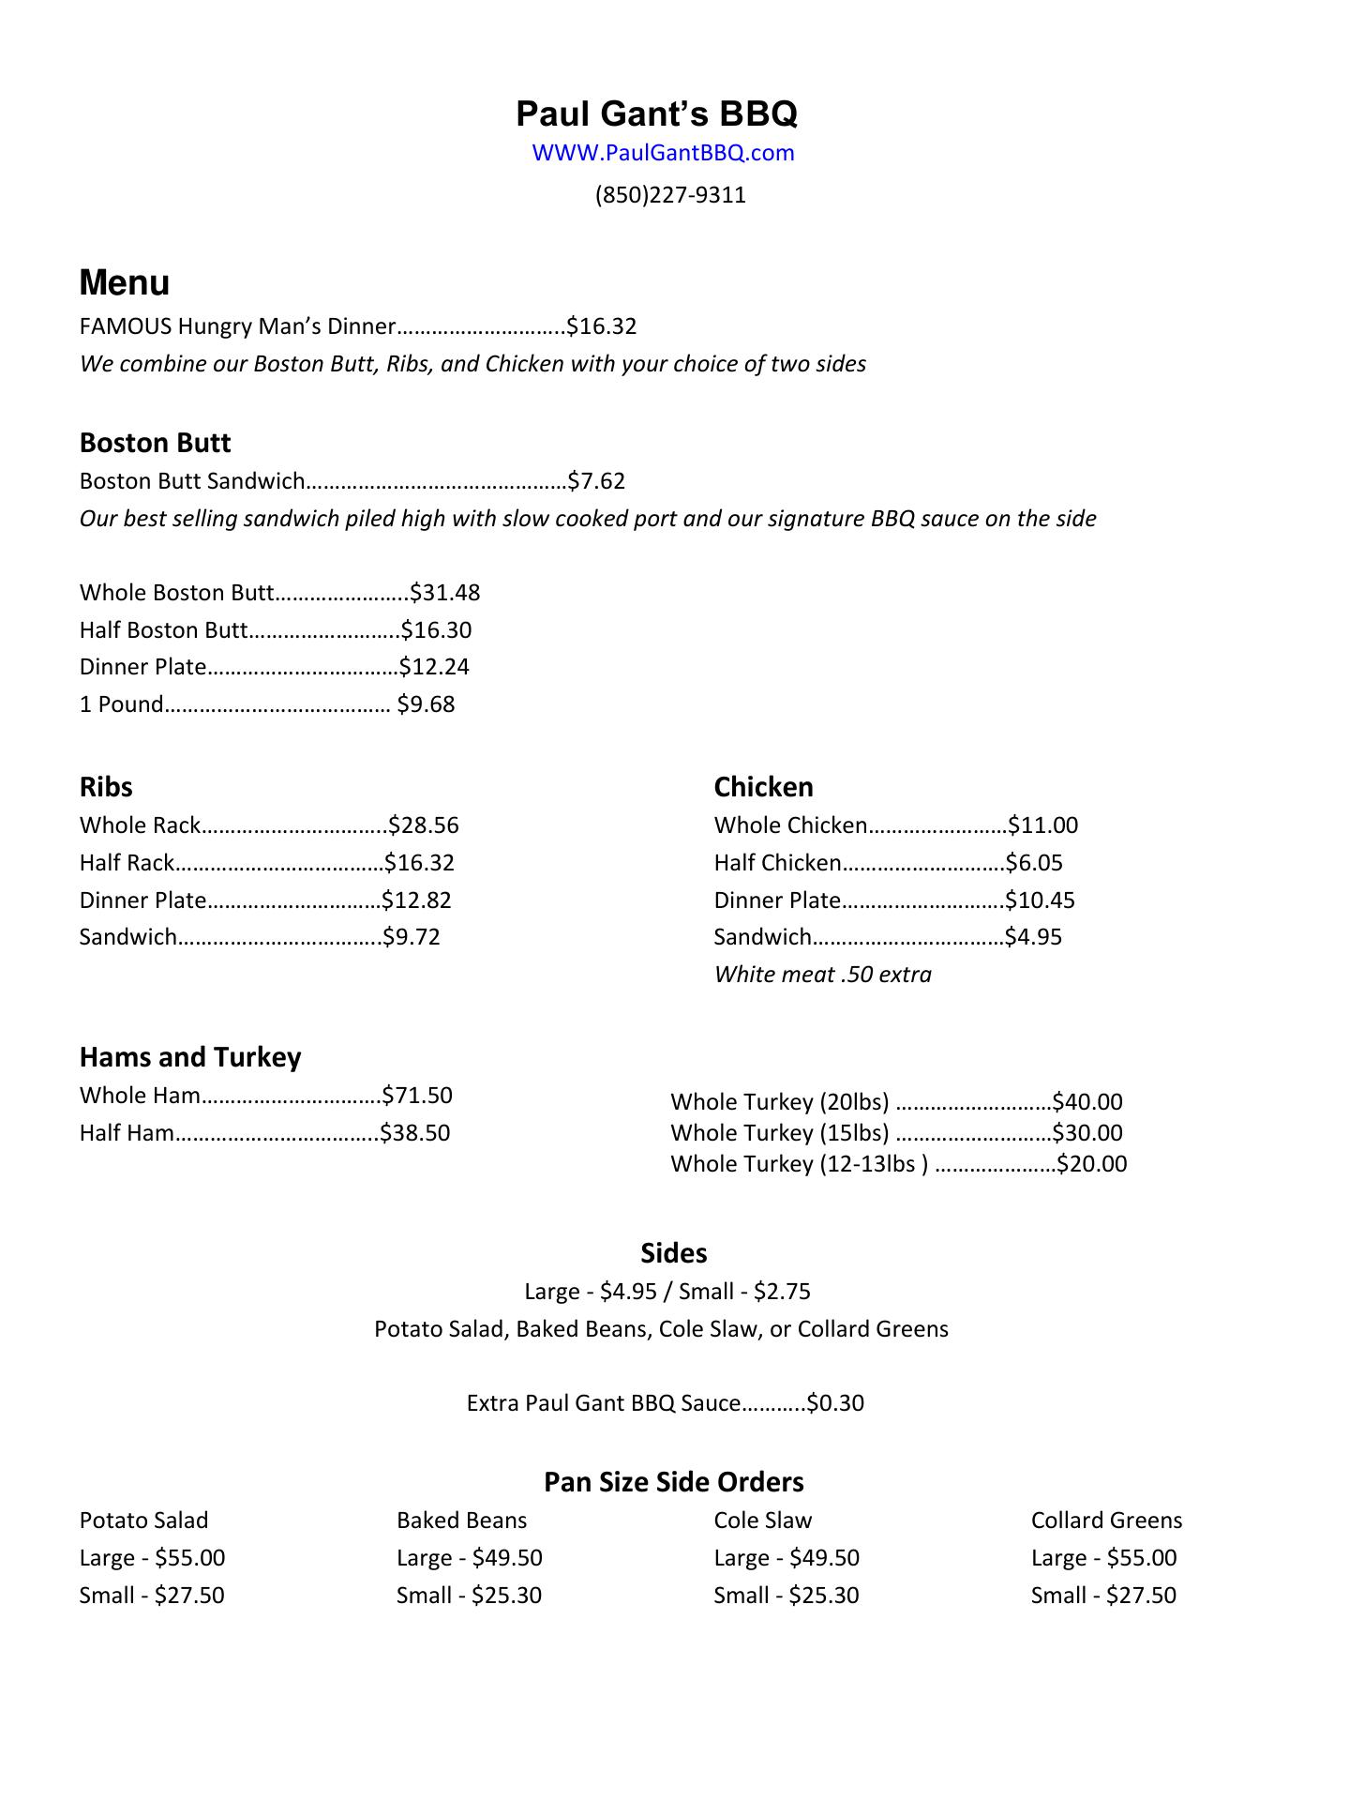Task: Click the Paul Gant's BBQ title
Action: (x=656, y=114)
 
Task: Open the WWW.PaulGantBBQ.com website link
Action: (x=663, y=153)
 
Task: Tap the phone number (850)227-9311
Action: (x=670, y=195)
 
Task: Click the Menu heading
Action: (x=125, y=282)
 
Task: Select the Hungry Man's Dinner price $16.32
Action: (x=602, y=326)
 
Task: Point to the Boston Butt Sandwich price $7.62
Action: (x=596, y=481)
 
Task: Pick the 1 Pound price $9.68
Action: (x=426, y=704)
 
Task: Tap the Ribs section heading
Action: (x=106, y=787)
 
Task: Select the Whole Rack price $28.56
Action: (x=424, y=825)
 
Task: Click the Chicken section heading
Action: (x=763, y=787)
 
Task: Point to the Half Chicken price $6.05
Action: (x=1034, y=863)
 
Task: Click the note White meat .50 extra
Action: (x=822, y=975)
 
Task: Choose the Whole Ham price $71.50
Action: (x=417, y=1096)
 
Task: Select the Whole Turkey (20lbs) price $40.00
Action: (x=1087, y=1102)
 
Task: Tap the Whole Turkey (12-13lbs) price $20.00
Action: (x=1092, y=1164)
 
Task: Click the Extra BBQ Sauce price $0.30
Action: (x=835, y=1403)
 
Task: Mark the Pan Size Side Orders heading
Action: (x=674, y=1482)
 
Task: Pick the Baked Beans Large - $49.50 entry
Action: (x=469, y=1558)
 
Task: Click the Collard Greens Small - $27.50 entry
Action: (x=1103, y=1596)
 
